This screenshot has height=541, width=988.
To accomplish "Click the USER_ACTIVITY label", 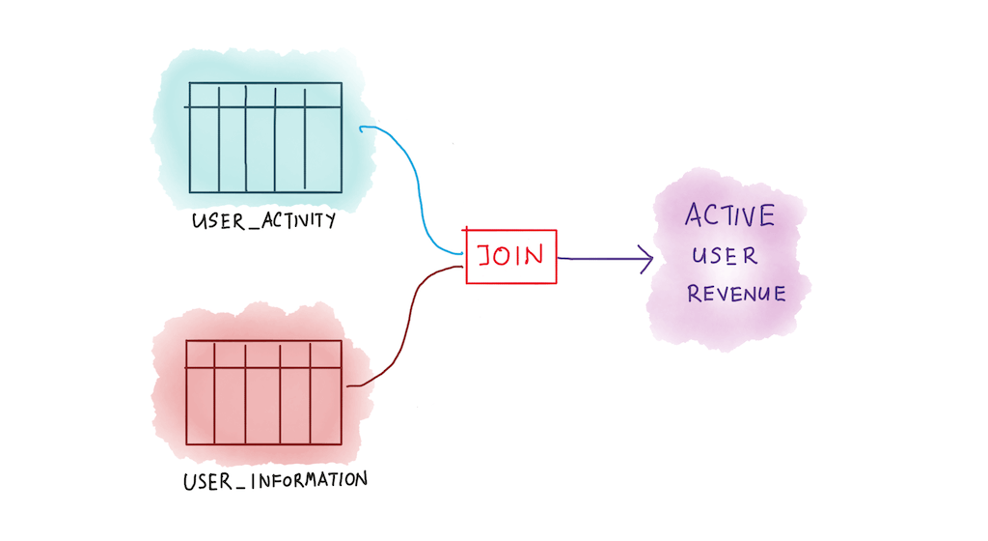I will click(263, 221).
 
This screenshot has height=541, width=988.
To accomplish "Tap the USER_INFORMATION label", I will click(275, 479).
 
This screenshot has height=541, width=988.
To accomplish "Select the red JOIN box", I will click(510, 257).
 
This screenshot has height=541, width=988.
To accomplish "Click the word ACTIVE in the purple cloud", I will click(729, 215).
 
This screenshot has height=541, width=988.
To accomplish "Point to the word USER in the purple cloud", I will click(725, 257).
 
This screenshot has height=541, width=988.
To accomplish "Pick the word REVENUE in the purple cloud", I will click(736, 294).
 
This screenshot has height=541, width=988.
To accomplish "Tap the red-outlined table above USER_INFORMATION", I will click(263, 392).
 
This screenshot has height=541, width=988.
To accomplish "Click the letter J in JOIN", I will click(485, 256).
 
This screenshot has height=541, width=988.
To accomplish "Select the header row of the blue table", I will click(264, 95).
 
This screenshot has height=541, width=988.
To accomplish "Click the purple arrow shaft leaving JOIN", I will click(598, 258).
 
